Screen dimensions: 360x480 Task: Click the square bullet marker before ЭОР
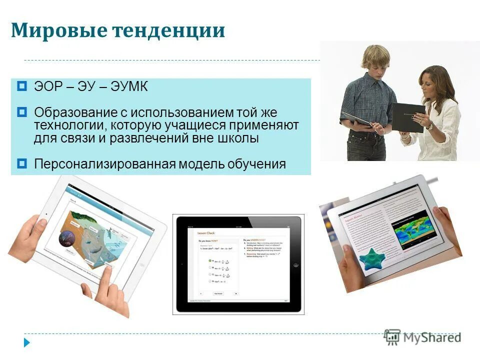click(x=21, y=86)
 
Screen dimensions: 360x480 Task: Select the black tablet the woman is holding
click(x=407, y=117)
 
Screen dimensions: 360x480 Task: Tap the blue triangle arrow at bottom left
click(x=27, y=343)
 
